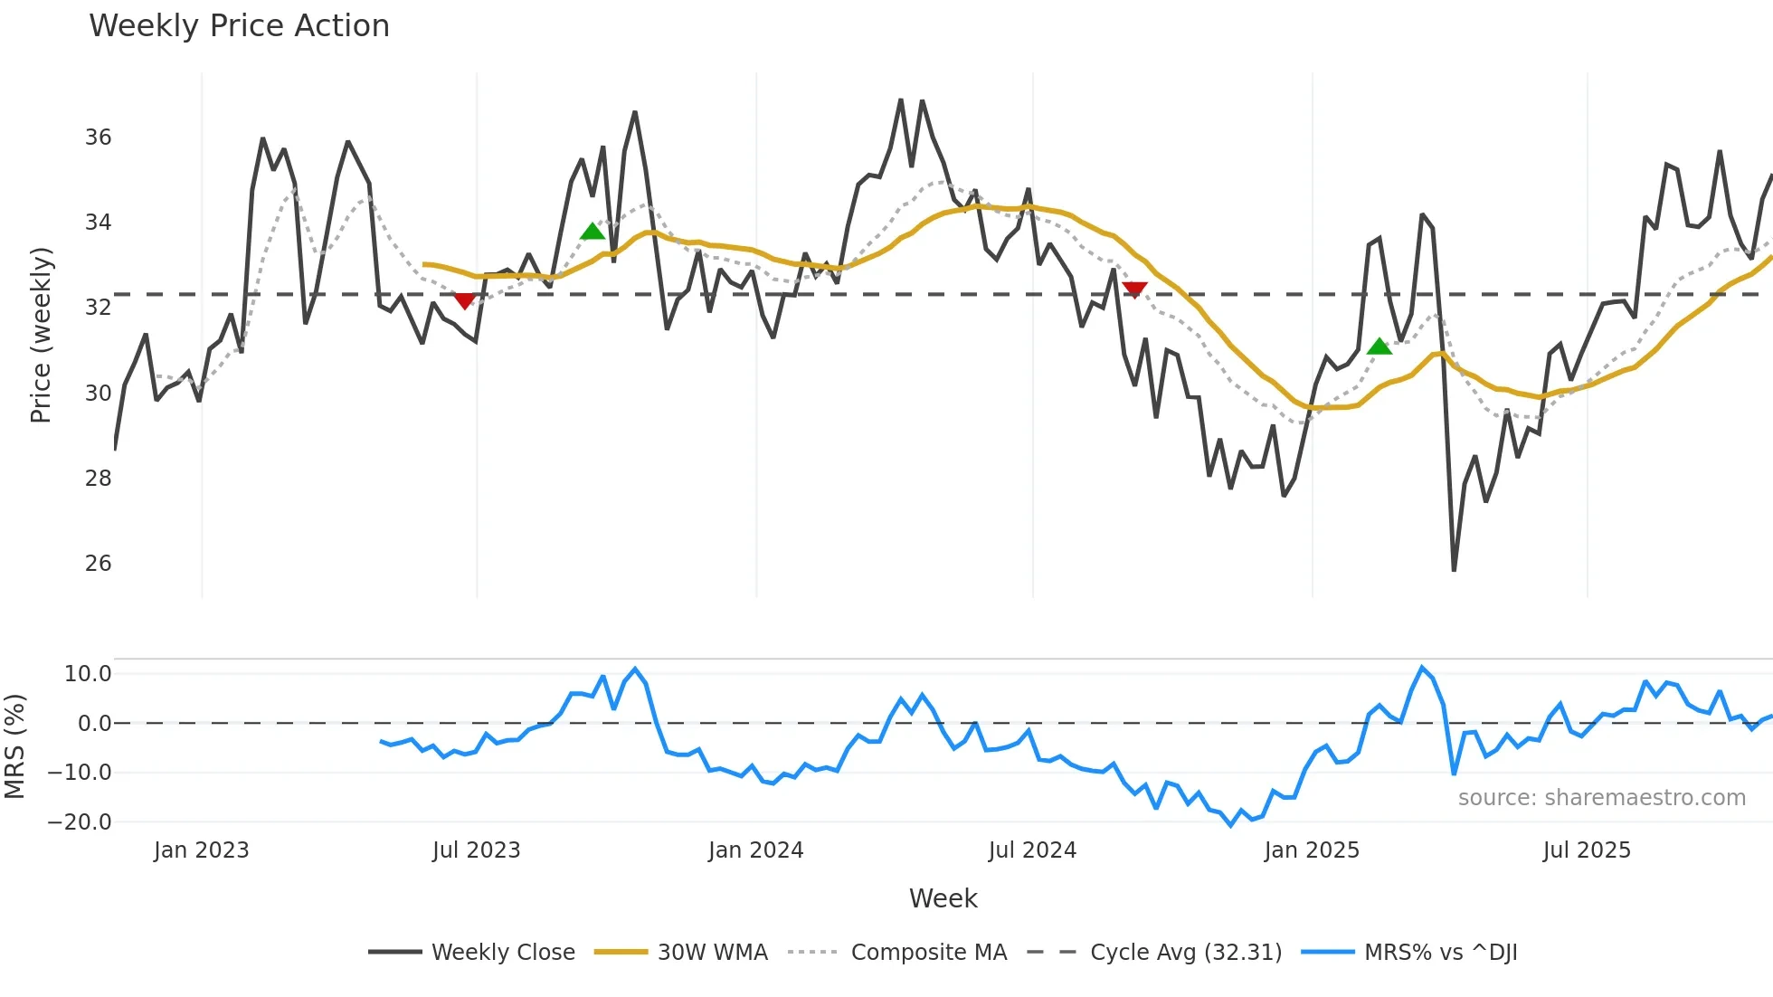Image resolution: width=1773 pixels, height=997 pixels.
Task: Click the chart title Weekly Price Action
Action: [239, 26]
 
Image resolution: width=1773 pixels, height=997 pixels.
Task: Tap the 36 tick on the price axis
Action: [98, 138]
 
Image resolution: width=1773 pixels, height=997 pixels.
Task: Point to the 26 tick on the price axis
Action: [98, 564]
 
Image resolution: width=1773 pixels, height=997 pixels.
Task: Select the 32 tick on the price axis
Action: [98, 308]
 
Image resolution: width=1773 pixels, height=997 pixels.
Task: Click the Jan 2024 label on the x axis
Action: [755, 850]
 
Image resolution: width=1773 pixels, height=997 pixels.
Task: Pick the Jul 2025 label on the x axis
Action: [1587, 850]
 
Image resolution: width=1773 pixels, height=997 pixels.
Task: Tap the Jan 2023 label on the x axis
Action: [201, 850]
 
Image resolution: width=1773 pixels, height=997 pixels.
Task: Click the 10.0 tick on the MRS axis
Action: [88, 674]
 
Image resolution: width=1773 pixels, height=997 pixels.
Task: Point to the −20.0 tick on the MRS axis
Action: [80, 822]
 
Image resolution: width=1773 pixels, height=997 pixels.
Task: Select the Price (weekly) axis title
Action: [42, 335]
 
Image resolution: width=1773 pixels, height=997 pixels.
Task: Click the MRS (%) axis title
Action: [15, 746]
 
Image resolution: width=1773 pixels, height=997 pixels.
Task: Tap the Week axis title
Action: [943, 898]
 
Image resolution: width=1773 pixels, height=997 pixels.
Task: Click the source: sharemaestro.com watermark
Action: [1601, 798]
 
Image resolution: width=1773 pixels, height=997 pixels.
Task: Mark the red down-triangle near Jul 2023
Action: [464, 300]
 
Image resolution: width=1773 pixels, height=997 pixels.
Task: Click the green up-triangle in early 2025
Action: [1379, 347]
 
